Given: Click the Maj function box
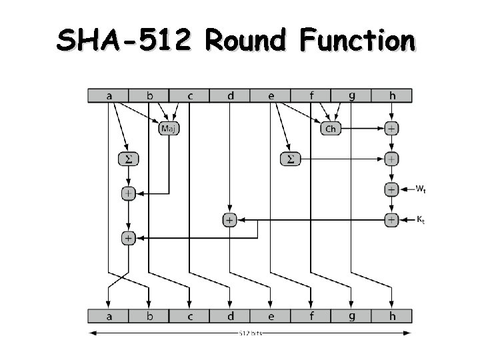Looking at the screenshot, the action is coord(169,128).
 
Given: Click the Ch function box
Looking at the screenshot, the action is coord(330,128).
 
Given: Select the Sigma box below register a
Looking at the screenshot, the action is coord(127,159).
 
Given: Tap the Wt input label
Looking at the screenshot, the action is coord(421,189).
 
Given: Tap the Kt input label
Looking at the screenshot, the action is coord(420,219).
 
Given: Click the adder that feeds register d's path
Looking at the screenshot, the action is coord(229,219).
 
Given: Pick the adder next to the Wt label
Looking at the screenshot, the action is coord(391,189).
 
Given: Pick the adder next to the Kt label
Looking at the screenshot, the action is coord(391,219).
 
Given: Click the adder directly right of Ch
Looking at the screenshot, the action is coord(391,128).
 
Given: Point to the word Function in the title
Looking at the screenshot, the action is coord(357,41).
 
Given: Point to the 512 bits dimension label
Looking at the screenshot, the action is coord(249,333).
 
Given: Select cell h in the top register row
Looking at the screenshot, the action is coord(391,96).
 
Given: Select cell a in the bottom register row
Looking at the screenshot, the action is coord(109,315).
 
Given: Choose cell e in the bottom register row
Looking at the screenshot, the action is coord(271,315).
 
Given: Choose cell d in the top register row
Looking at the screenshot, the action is coord(230,96).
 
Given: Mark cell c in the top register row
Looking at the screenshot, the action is coord(189,96).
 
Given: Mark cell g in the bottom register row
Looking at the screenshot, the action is coord(351,315).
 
